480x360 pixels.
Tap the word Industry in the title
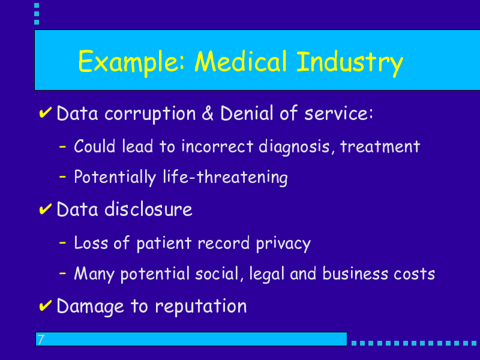[x=350, y=64]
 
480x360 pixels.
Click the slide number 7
[x=41, y=339]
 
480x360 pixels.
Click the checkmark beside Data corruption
[x=46, y=112]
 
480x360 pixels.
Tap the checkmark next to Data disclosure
[x=46, y=209]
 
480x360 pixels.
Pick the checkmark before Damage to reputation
[x=46, y=305]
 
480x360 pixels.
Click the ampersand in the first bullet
[x=208, y=113]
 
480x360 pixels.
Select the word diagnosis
[x=294, y=146]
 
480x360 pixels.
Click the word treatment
[x=380, y=146]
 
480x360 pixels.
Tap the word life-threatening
[x=225, y=177]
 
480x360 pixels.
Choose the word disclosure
[x=148, y=209]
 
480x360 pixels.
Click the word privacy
[x=283, y=244]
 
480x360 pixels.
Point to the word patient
[x=164, y=244]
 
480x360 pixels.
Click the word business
[x=355, y=273]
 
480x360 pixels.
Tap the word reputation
[x=201, y=306]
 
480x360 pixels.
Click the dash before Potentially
[x=62, y=176]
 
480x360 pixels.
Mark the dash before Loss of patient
[x=62, y=243]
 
